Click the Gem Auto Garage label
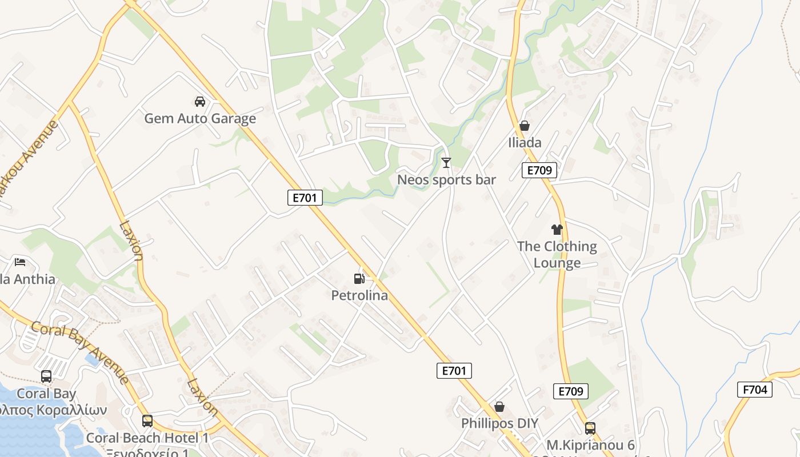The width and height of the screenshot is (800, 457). point(200,118)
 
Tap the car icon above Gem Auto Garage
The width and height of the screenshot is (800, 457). point(200,102)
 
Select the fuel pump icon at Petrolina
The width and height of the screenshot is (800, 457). point(359,279)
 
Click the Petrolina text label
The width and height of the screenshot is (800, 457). point(359,295)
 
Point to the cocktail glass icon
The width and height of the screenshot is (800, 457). point(446,163)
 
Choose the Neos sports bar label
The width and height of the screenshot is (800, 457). point(446,179)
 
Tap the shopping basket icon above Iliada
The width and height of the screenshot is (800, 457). point(525,126)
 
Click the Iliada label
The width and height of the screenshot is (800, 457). point(525,142)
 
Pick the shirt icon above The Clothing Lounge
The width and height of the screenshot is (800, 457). point(557,230)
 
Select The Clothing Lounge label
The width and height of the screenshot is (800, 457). point(557,254)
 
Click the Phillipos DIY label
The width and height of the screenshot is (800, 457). point(499,423)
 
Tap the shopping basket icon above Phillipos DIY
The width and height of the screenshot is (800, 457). point(499,407)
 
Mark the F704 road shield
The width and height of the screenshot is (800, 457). point(755,390)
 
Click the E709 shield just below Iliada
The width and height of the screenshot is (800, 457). point(539,170)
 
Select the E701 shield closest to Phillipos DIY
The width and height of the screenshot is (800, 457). point(454,371)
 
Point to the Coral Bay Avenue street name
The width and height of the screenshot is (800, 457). point(79,352)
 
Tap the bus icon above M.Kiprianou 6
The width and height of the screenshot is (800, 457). point(590,428)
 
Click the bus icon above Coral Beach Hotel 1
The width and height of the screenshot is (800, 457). point(147,421)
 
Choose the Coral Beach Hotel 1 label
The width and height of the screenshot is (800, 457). point(147,438)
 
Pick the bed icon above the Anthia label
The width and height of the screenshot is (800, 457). point(21,262)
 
